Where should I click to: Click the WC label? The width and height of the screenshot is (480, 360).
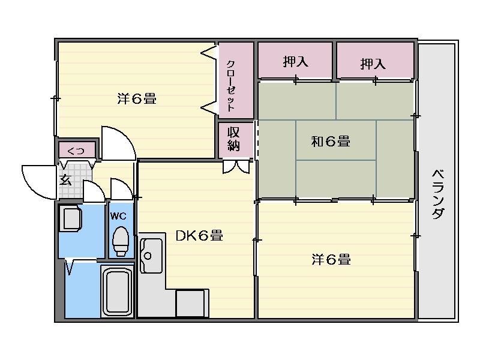(x=118, y=215)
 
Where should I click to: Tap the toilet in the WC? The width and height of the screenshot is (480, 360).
(x=121, y=241)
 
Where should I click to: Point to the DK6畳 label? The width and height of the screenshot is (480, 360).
(x=199, y=236)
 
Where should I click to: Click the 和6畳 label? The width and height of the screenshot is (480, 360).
(x=331, y=142)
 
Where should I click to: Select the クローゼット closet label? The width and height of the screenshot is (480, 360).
(x=230, y=86)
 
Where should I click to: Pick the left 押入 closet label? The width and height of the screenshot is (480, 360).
(x=295, y=61)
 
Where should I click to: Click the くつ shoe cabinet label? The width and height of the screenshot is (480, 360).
(x=76, y=150)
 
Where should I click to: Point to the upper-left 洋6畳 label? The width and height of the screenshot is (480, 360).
(x=137, y=99)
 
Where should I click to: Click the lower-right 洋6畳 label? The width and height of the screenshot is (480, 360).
(x=331, y=260)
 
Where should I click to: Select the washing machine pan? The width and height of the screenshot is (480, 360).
(x=71, y=218)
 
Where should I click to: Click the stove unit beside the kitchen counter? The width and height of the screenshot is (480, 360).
(x=191, y=303)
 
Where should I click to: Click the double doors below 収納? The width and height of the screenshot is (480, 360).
(x=236, y=166)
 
